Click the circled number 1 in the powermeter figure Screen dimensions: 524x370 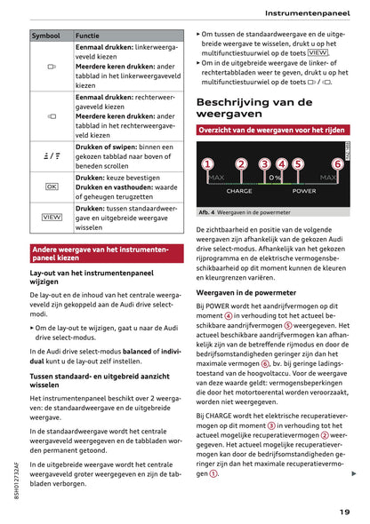pos(207,164)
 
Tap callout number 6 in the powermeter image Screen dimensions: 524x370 pos(337,164)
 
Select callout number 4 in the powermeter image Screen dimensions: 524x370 pos(282,164)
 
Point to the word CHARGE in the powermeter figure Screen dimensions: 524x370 pos(239,191)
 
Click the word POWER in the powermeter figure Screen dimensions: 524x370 pos(304,191)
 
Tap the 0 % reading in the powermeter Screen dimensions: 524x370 pos(275,178)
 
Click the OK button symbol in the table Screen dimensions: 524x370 pos(51,187)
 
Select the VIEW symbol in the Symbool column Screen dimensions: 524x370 pos(51,217)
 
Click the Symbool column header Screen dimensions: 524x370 pos(45,36)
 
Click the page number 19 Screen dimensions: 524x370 pos(343,511)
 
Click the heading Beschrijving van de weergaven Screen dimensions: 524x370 pos(253,107)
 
